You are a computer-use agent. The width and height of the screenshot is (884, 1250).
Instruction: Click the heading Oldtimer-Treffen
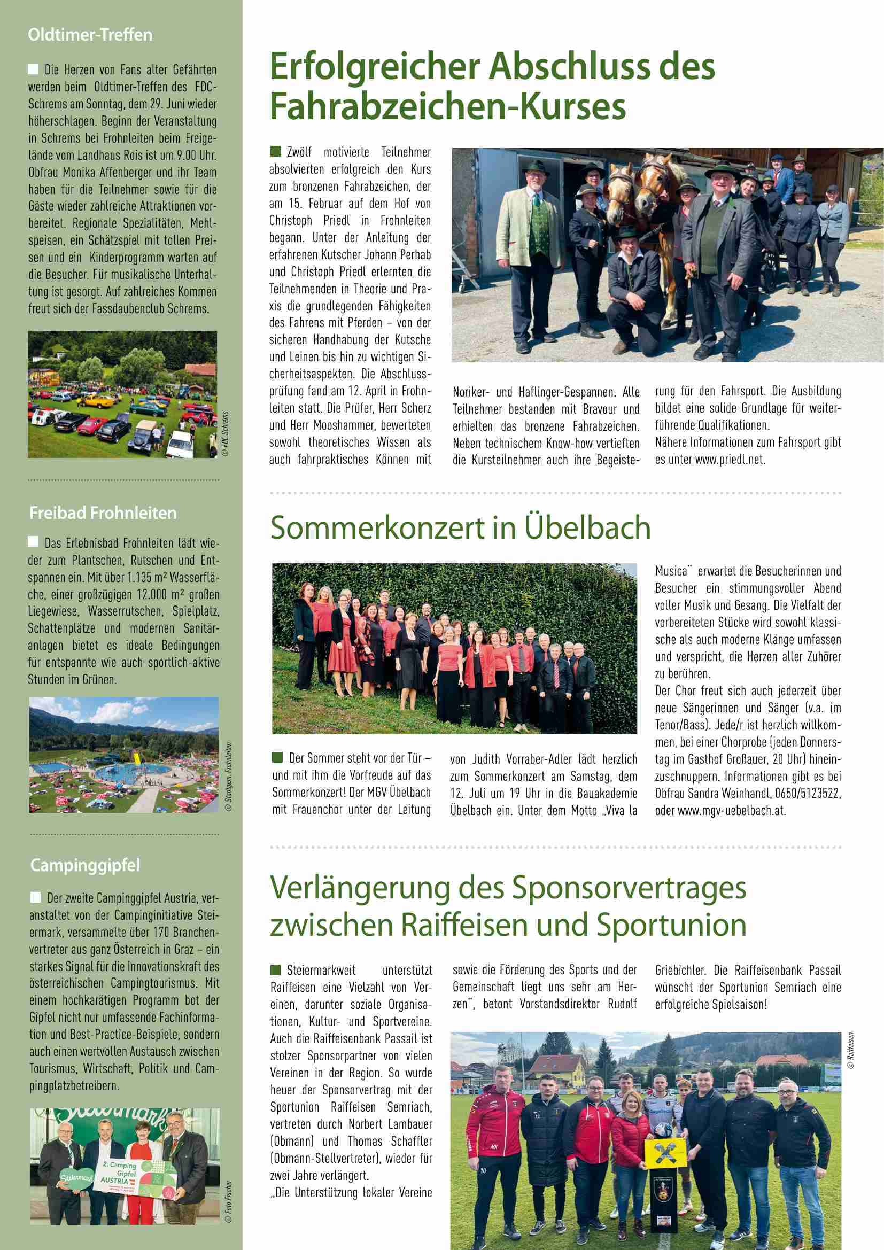[x=90, y=35]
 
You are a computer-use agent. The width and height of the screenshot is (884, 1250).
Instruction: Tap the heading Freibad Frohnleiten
[x=103, y=513]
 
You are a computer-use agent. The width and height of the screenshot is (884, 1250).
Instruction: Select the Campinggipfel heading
[x=84, y=865]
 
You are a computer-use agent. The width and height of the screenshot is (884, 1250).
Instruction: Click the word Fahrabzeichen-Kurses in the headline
[x=447, y=106]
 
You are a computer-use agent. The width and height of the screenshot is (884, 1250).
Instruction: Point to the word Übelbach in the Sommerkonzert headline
[x=587, y=527]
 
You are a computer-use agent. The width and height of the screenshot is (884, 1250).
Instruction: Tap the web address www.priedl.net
[x=730, y=460]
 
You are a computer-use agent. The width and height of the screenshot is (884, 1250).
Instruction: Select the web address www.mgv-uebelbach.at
[x=731, y=810]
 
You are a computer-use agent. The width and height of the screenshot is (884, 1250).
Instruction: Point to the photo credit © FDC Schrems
[x=226, y=434]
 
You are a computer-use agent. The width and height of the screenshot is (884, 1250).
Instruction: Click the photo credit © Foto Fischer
[x=229, y=1201]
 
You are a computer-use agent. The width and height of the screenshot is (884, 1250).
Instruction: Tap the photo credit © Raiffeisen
[x=850, y=1050]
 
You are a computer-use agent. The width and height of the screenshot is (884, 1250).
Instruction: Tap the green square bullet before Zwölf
[x=275, y=151]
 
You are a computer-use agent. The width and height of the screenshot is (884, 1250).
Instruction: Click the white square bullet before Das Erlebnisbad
[x=34, y=542]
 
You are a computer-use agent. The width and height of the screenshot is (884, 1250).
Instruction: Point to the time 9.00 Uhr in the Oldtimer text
[x=200, y=155]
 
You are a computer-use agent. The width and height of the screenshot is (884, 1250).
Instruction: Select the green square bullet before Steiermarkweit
[x=275, y=969]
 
